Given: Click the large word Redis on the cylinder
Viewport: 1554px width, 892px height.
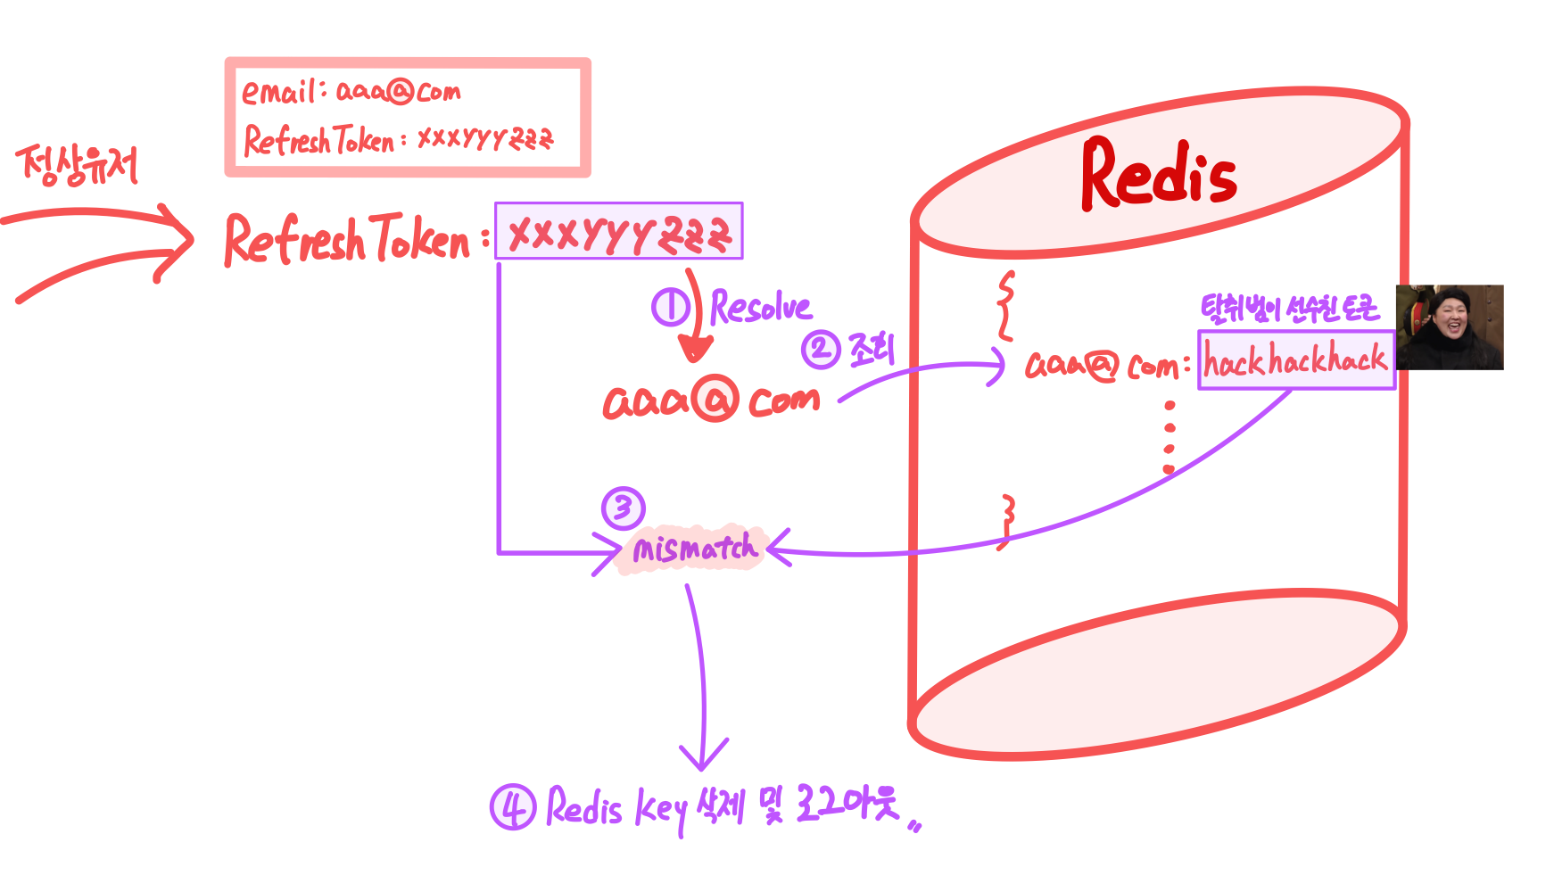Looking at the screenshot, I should point(1158,174).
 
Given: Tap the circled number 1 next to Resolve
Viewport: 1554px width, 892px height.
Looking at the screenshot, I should point(670,307).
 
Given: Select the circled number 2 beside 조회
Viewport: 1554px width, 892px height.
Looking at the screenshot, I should point(820,349).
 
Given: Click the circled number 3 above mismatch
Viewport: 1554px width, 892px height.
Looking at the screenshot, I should point(623,508).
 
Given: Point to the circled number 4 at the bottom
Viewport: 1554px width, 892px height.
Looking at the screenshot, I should point(513,807).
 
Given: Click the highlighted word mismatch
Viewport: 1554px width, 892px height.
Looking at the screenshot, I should point(694,548).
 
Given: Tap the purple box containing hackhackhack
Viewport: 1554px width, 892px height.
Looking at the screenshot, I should point(1295,360).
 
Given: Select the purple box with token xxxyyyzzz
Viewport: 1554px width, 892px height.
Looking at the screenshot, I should point(619,232).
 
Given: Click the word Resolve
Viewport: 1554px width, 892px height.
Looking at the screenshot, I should point(761,308).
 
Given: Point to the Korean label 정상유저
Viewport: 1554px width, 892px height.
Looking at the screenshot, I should point(78,165).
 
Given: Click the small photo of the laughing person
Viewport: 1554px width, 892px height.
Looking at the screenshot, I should point(1450,327).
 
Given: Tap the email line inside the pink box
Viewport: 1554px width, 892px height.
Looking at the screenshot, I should point(351,91).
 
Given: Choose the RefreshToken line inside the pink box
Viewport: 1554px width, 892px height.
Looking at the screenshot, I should point(398,140).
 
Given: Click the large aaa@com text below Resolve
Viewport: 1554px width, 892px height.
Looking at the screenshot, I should point(711,400).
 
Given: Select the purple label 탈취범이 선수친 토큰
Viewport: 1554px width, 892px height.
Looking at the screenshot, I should point(1289,309).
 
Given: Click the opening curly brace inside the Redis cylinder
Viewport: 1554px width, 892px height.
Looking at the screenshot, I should point(1005,306).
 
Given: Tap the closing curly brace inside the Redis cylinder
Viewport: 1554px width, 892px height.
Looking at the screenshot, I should point(1006,522).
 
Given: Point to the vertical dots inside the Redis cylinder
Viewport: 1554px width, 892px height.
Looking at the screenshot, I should point(1170,437).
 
